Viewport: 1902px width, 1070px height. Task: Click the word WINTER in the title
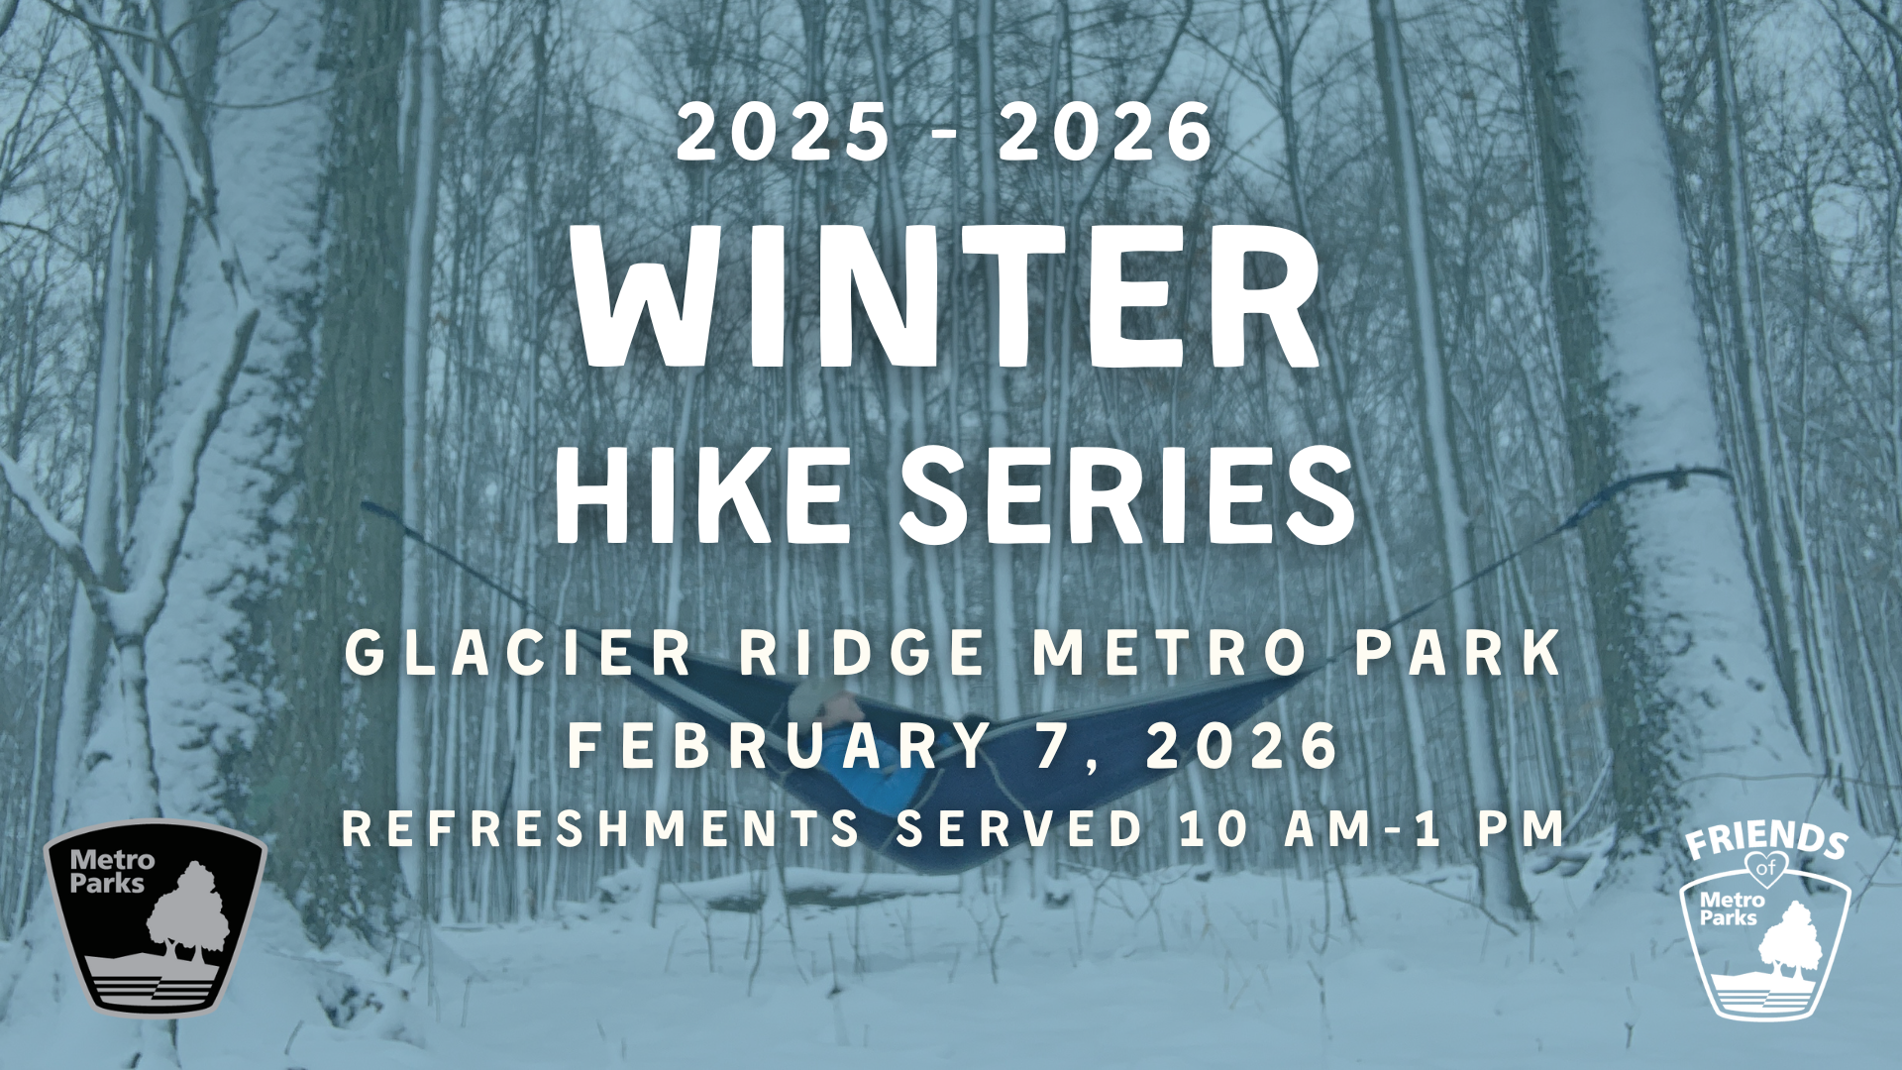[x=947, y=296]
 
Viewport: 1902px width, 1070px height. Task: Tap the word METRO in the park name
[x=1170, y=653]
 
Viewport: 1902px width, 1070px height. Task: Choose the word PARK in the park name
[x=1458, y=653]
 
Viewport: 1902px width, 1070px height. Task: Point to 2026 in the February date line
[x=1241, y=745]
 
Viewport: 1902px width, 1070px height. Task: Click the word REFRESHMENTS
[x=601, y=828]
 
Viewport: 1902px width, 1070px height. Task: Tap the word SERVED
[x=1019, y=828]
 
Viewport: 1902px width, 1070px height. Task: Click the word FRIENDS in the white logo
[x=1766, y=840]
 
